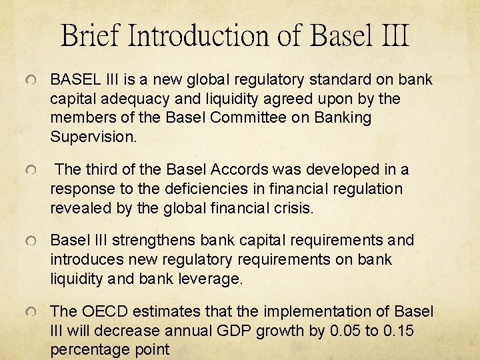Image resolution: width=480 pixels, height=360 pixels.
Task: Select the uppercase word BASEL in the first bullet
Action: click(74, 80)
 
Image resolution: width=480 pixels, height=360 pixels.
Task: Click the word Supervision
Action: click(93, 137)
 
